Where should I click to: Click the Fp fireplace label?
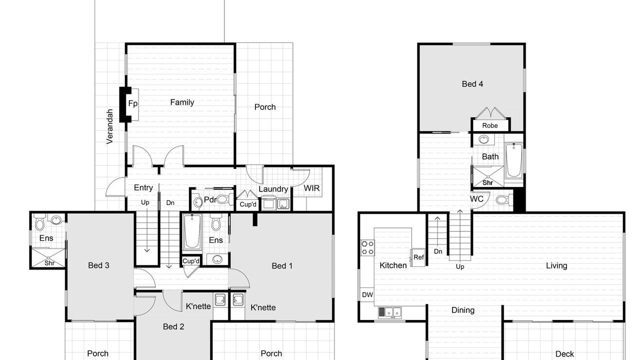[x=133, y=103]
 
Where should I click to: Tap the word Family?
[x=182, y=102]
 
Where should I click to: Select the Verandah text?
[x=109, y=126]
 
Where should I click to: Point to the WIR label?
[x=311, y=188]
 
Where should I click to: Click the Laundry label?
[x=273, y=189]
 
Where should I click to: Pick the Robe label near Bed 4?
[x=489, y=125]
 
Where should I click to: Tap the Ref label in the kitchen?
[x=418, y=257]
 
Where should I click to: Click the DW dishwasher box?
[x=367, y=294]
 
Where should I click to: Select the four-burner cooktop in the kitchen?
[x=367, y=247]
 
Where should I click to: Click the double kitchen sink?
[x=390, y=312]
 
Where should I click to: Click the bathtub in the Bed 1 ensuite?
[x=192, y=232]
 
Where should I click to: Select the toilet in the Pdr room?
[x=225, y=199]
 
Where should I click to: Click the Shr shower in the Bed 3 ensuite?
[x=48, y=258]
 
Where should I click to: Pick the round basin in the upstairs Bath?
[x=483, y=139]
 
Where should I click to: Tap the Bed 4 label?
[x=472, y=83]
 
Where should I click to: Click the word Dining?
[x=463, y=310]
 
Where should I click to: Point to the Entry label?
[x=143, y=187]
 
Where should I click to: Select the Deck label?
[x=564, y=354]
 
